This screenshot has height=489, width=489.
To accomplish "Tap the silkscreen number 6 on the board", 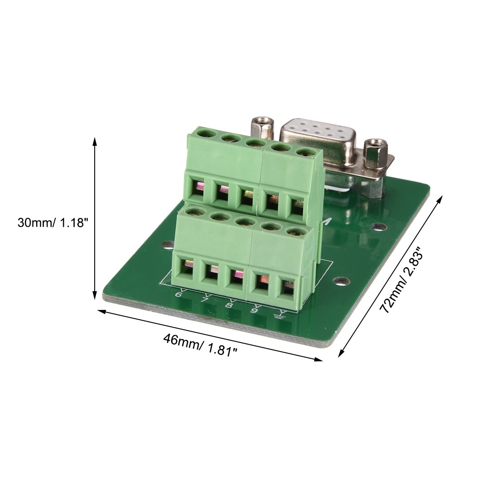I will tap(179, 294).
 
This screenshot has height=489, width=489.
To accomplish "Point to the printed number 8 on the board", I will tap(229, 305).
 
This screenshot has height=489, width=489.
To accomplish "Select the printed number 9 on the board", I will tap(254, 310).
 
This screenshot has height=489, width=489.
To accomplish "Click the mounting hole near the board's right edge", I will tap(341, 281).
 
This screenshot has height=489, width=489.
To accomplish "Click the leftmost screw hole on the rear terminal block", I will tap(204, 132).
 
